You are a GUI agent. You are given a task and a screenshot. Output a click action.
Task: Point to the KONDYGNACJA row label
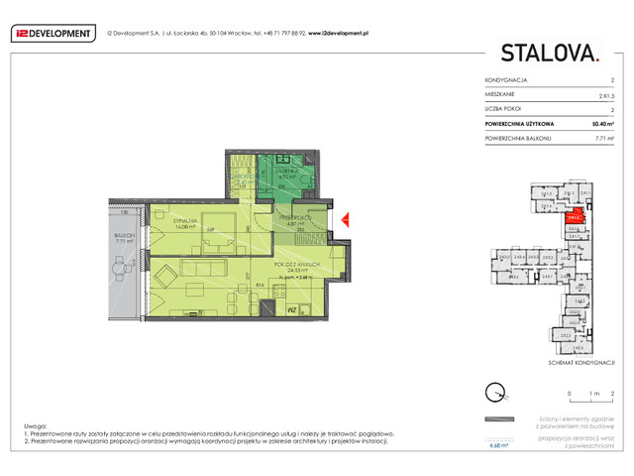[505, 79]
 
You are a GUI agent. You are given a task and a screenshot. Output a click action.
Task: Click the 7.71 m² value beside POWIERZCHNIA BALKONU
[604, 139]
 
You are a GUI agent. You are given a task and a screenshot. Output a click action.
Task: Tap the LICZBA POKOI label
[504, 109]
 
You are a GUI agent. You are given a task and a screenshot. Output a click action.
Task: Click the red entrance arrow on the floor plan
[345, 219]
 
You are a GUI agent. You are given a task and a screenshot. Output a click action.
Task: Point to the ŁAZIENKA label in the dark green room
[287, 171]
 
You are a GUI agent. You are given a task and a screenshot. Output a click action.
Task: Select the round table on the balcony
[122, 269]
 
